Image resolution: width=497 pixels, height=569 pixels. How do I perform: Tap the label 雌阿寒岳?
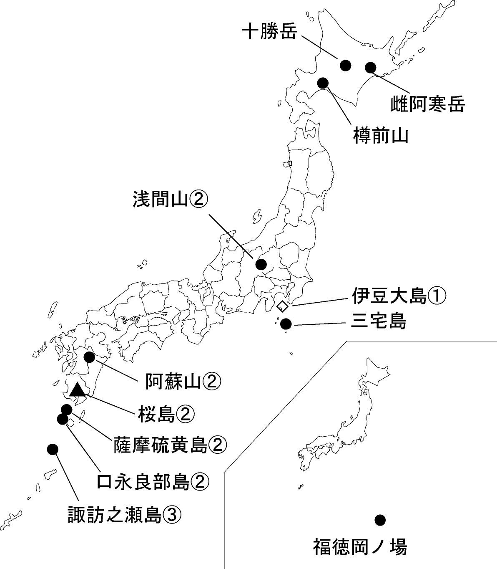427,104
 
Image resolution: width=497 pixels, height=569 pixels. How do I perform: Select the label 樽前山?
380,136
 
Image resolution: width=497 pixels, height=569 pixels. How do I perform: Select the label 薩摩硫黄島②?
170,445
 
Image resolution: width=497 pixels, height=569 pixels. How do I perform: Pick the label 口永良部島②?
152,482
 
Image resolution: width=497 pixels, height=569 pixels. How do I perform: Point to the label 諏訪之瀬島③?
124,515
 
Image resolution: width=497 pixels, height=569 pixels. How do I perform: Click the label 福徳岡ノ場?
360,547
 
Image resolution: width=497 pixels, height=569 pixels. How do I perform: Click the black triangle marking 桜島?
77,390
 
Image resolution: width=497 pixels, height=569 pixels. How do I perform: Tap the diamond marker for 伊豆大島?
282,306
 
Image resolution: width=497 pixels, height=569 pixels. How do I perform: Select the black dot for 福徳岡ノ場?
379,520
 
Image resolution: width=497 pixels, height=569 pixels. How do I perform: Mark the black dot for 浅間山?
261,264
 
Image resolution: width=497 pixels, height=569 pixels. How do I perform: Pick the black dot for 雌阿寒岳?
371,67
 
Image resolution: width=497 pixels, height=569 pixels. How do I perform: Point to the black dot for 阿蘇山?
89,357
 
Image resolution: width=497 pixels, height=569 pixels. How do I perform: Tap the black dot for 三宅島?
286,324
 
